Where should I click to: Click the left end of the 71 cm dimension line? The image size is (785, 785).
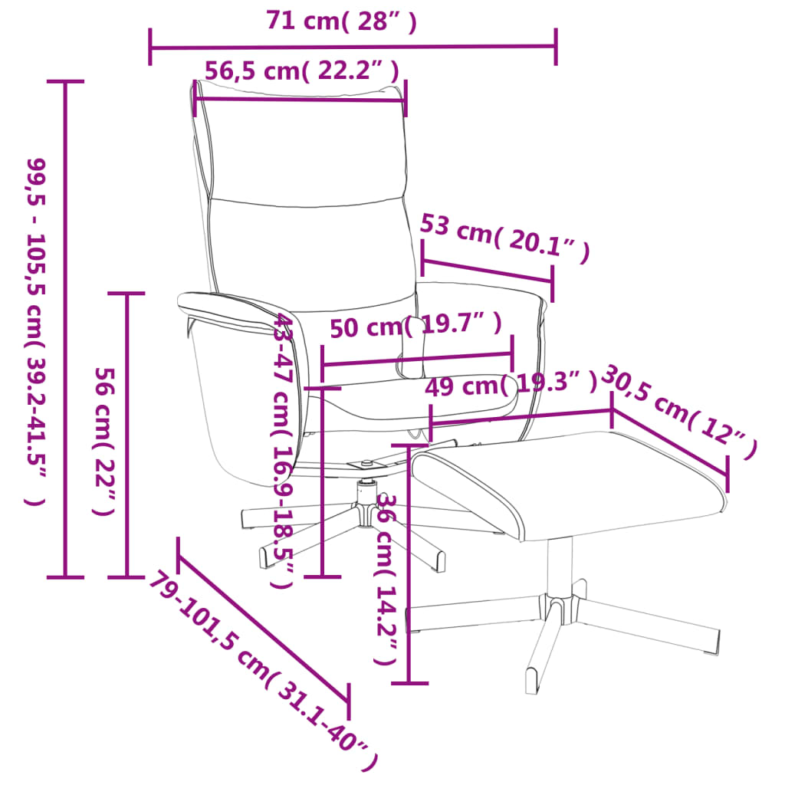pyautogui.click(x=150, y=48)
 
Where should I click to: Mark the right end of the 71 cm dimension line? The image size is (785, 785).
pyautogui.click(x=556, y=47)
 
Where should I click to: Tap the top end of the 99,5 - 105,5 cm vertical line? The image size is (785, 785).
pyautogui.click(x=65, y=81)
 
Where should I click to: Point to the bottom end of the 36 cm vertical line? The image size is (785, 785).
pyautogui.click(x=409, y=682)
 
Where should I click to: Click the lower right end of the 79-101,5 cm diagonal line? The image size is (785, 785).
pyautogui.click(x=348, y=701)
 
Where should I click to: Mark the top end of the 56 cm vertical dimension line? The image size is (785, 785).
pyautogui.click(x=126, y=294)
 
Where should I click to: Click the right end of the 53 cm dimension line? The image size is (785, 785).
pyautogui.click(x=552, y=284)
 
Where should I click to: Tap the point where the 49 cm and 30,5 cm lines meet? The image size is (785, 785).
pyautogui.click(x=612, y=410)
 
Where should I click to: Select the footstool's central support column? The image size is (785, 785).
pyautogui.click(x=560, y=568)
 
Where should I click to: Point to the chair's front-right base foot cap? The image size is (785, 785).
pyautogui.click(x=438, y=562)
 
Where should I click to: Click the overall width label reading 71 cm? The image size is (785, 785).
pyautogui.click(x=341, y=21)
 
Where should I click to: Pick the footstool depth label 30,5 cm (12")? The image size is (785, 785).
pyautogui.click(x=679, y=412)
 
